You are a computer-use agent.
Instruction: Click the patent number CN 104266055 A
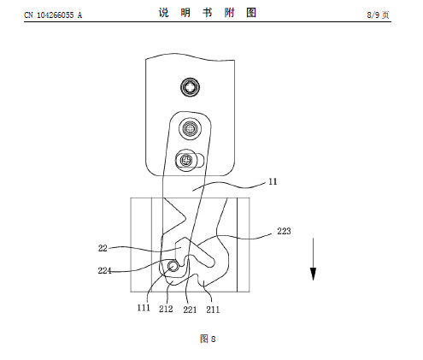pyautogui.click(x=53, y=15)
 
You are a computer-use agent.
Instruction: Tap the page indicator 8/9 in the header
pyautogui.click(x=373, y=15)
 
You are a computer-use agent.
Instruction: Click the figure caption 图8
pyautogui.click(x=208, y=339)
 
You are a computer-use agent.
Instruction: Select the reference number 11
pyautogui.click(x=273, y=181)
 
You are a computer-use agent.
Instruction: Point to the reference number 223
pyautogui.click(x=284, y=231)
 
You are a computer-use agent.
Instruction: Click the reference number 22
pyautogui.click(x=103, y=248)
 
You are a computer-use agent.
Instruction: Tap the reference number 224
pyautogui.click(x=104, y=270)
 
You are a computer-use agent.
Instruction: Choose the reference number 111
pyautogui.click(x=144, y=308)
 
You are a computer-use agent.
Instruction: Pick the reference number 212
pyautogui.click(x=166, y=309)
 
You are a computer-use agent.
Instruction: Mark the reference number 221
pyautogui.click(x=190, y=310)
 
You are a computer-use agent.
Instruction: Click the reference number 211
pyautogui.click(x=213, y=310)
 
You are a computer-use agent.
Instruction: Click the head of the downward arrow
pyautogui.click(x=313, y=274)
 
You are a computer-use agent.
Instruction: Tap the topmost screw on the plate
pyautogui.click(x=190, y=87)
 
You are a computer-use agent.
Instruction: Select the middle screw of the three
pyautogui.click(x=190, y=128)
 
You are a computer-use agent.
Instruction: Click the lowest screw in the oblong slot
pyautogui.click(x=186, y=160)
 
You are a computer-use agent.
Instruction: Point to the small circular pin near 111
pyautogui.click(x=173, y=266)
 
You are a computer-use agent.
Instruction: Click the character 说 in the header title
pyautogui.click(x=163, y=13)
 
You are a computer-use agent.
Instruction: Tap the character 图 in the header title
pyautogui.click(x=251, y=13)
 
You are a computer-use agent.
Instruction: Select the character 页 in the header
pyautogui.click(x=385, y=15)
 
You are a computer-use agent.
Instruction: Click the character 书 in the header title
pyautogui.click(x=208, y=13)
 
